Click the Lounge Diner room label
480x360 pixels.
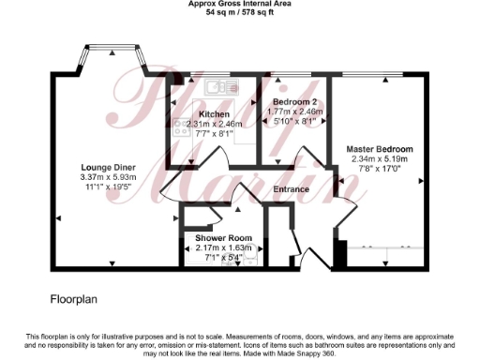click(x=108, y=166)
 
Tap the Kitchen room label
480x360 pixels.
click(x=214, y=113)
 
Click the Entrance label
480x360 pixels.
click(x=291, y=190)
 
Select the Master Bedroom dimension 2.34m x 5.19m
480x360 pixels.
click(x=379, y=159)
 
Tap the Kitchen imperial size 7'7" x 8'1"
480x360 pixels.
click(x=214, y=133)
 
